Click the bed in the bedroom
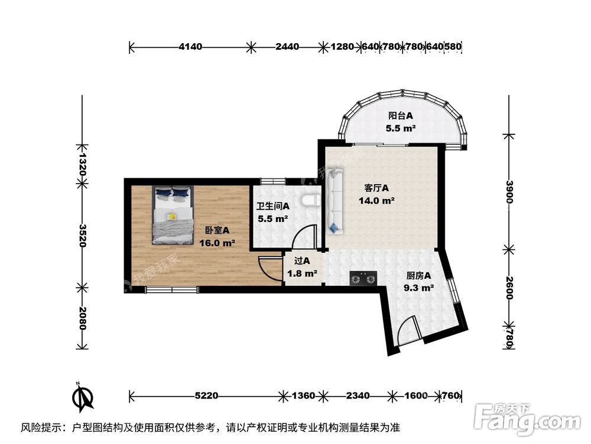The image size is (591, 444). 173,215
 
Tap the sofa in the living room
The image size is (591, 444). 335,201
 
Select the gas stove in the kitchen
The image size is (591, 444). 363,279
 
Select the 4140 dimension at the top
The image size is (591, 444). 190,47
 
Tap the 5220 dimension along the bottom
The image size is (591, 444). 206,395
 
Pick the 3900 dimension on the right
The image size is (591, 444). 509,192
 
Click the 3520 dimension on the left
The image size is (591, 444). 83,236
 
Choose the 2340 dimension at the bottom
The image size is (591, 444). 358,395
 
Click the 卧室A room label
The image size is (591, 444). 217,230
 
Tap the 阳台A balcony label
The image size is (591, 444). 401,115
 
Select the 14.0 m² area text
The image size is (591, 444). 376,201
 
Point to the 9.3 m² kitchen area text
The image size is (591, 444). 419,288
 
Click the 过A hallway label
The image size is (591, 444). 302,260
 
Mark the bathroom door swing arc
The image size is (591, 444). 301,232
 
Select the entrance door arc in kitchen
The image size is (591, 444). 405,324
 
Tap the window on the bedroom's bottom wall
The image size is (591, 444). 171,289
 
